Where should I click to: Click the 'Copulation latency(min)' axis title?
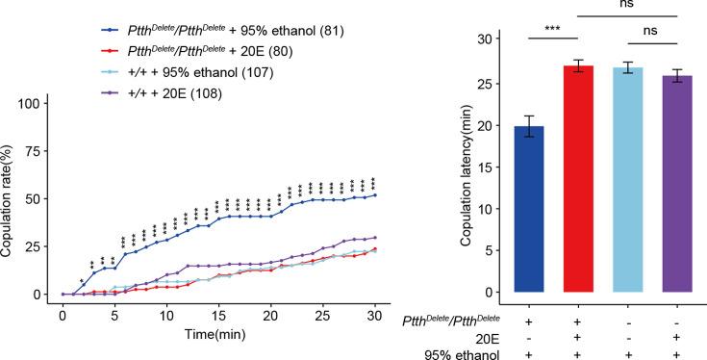pos(465,167)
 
